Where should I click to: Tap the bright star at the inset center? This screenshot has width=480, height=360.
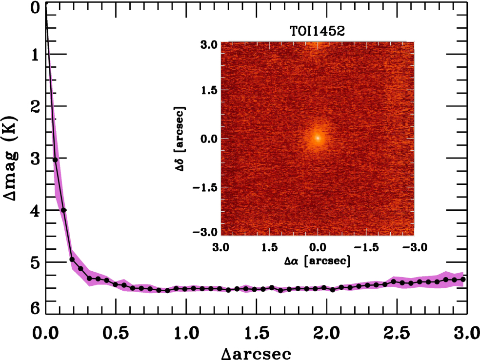click(x=318, y=138)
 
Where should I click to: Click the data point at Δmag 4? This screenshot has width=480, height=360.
click(x=63, y=210)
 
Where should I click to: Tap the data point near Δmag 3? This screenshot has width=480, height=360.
click(x=55, y=160)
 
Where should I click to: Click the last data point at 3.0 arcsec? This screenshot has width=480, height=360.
click(x=463, y=279)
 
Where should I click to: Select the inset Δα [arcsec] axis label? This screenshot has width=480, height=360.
click(x=318, y=261)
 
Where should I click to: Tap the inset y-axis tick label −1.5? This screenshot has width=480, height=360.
click(x=205, y=187)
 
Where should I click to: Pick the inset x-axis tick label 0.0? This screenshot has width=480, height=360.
click(x=318, y=247)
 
